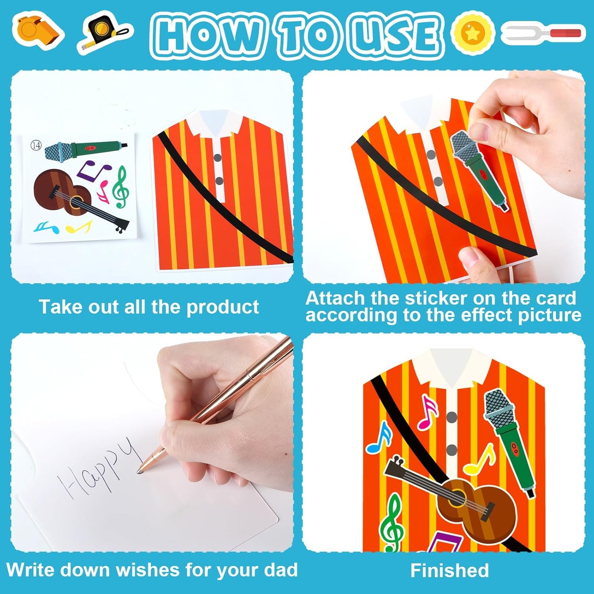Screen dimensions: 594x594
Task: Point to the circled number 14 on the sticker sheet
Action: point(36,145)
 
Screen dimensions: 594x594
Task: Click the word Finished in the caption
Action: point(449,571)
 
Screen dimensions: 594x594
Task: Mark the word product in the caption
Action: point(223,307)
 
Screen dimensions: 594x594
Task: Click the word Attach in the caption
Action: point(335,298)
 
